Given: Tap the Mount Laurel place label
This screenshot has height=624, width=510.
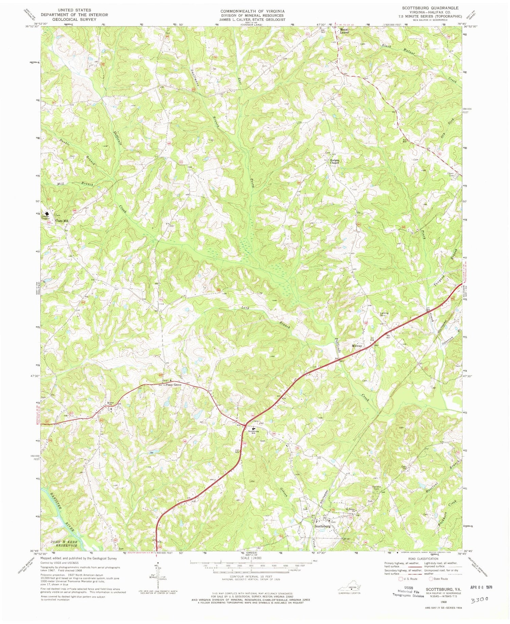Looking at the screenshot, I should pos(344,31).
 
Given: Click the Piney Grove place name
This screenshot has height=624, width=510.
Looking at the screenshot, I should pos(173,385).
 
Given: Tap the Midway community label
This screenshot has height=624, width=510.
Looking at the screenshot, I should pos(357,346).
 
